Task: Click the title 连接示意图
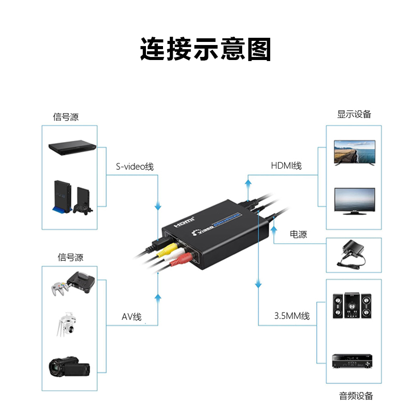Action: [x=206, y=50]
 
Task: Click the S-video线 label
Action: [x=135, y=167]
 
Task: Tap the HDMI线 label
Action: [x=286, y=166]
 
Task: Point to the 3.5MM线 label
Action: [x=292, y=316]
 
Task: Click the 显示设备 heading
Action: [x=354, y=114]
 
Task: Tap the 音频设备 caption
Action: [x=356, y=396]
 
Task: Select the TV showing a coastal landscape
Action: [x=354, y=152]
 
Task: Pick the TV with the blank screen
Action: [x=354, y=200]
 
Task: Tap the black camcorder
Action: [x=69, y=366]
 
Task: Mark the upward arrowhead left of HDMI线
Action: [x=248, y=182]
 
